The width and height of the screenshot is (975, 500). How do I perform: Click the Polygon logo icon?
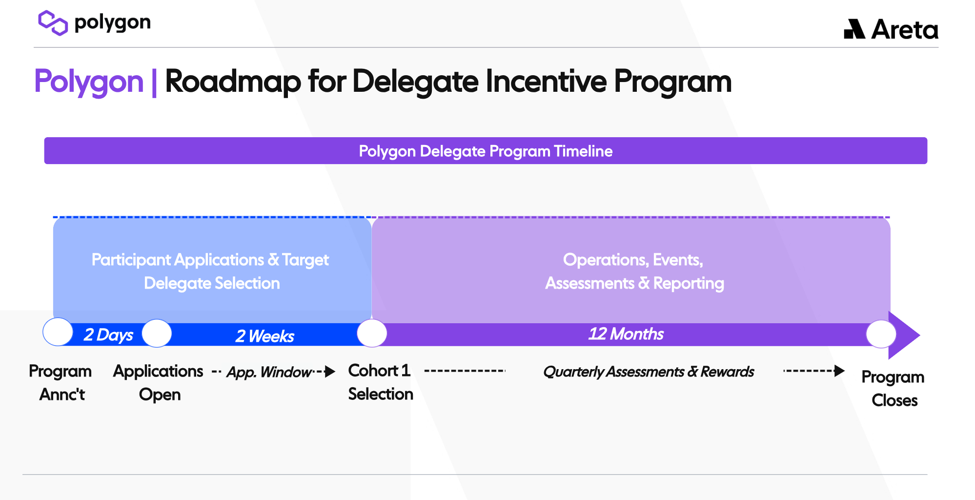[53, 23]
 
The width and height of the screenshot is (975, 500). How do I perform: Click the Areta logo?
[891, 29]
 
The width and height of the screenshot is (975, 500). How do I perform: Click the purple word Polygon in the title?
[89, 82]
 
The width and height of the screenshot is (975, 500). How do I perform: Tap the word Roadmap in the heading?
[233, 82]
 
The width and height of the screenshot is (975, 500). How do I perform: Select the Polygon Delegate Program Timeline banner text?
[486, 151]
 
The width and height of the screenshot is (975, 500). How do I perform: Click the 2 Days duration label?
[108, 335]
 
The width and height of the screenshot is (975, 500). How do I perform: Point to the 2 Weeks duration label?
[265, 336]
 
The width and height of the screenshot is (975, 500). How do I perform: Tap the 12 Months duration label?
[626, 334]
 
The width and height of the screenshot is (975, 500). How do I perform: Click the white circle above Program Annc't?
[58, 332]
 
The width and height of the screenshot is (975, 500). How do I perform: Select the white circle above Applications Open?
[157, 333]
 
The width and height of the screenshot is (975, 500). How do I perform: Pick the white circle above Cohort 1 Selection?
[372, 333]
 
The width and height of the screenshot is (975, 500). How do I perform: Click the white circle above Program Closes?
[881, 334]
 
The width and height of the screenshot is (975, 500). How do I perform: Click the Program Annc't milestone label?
[61, 383]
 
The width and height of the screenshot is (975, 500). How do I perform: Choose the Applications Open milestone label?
[159, 383]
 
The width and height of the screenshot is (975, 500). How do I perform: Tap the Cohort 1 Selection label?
[381, 382]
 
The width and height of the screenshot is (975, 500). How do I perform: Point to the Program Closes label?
[893, 389]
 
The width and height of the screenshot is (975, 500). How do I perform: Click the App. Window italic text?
[269, 372]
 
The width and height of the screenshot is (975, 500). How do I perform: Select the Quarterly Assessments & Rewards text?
[649, 372]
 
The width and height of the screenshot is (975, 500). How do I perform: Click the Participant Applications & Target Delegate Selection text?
[211, 271]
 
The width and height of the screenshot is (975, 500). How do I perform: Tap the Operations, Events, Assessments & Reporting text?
[634, 271]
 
